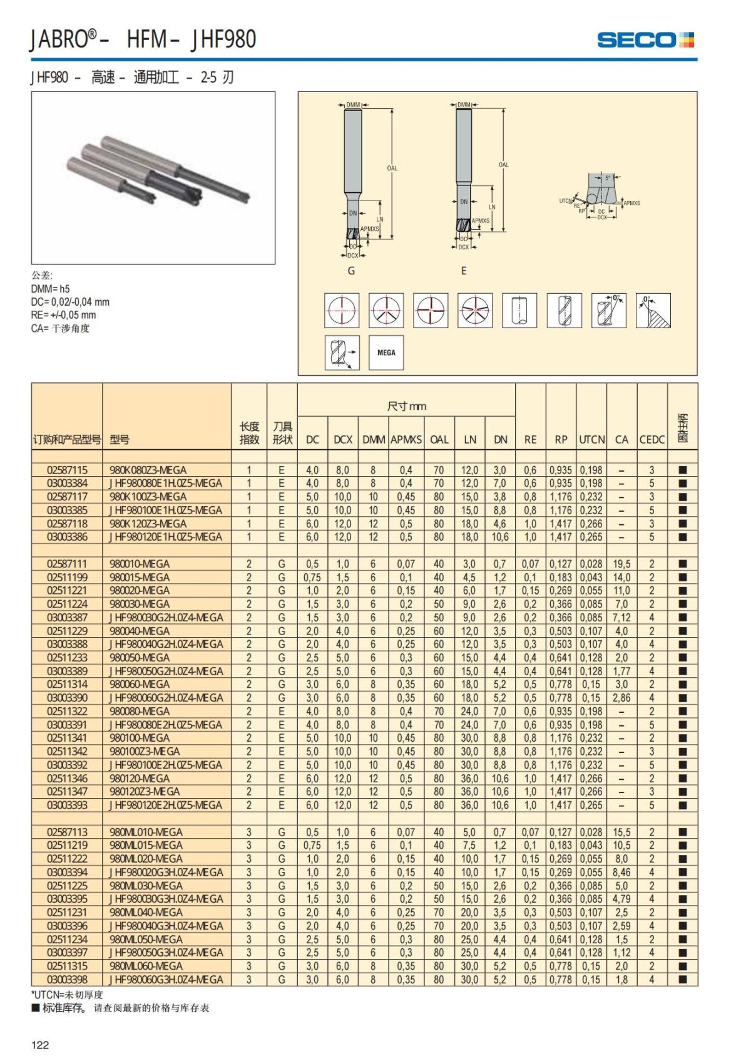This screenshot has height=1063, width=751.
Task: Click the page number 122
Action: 40,1044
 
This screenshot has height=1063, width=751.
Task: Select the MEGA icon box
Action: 386,353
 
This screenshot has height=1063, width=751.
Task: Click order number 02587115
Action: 67,470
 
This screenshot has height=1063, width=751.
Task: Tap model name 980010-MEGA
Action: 140,564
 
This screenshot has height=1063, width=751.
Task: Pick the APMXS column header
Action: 406,440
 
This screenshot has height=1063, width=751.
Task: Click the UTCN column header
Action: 591,440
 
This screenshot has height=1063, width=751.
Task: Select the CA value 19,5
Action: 621,564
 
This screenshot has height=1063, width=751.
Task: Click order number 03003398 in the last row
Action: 67,979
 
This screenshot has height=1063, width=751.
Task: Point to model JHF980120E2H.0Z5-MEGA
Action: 166,805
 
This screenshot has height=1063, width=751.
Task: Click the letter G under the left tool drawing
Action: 351,271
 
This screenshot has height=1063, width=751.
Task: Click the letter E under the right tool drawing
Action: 464,271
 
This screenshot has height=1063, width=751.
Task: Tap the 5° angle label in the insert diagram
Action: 607,178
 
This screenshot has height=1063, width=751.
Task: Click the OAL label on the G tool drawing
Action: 392,168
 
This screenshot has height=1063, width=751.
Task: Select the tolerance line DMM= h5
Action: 51,289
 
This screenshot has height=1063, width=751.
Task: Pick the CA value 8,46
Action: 621,872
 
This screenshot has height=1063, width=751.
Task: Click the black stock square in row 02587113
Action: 682,832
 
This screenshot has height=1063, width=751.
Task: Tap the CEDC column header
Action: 651,440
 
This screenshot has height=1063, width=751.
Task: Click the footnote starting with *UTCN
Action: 67,994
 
